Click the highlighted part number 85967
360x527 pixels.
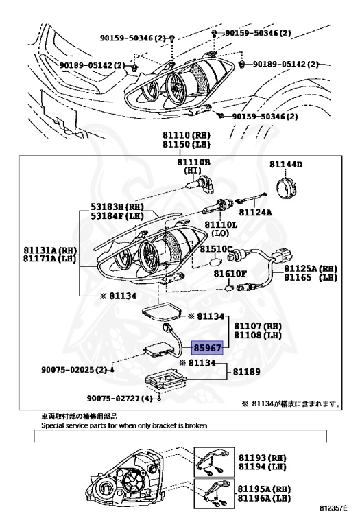[x=211, y=349]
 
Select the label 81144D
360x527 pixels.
[x=286, y=165]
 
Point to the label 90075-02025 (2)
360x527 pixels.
[x=70, y=369]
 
